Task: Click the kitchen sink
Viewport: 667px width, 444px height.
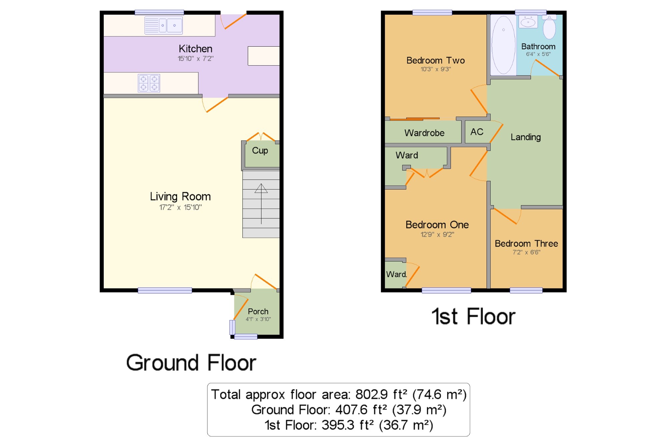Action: (163, 25)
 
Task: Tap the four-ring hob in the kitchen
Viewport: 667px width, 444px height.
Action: (149, 83)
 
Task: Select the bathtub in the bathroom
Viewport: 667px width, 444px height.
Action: (503, 45)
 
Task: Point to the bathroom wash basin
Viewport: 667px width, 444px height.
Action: (528, 22)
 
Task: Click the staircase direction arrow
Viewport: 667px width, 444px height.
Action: (261, 204)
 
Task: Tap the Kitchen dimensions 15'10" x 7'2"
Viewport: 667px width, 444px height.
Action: (195, 59)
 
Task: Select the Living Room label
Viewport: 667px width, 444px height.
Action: (180, 197)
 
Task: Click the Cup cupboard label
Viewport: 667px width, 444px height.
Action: (260, 151)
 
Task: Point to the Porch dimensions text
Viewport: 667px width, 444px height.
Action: (258, 319)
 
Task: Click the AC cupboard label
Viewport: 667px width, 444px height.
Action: (477, 132)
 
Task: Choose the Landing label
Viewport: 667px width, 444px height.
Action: (526, 137)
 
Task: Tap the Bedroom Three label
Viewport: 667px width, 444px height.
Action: (526, 243)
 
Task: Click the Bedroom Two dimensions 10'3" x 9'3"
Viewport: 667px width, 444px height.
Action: (436, 69)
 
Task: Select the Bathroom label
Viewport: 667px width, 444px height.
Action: (538, 47)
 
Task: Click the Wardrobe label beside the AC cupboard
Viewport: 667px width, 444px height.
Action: (425, 133)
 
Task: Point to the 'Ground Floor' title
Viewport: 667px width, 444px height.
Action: (191, 363)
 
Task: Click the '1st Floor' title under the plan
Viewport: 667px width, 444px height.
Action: (474, 316)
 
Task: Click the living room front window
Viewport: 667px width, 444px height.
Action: (165, 290)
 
